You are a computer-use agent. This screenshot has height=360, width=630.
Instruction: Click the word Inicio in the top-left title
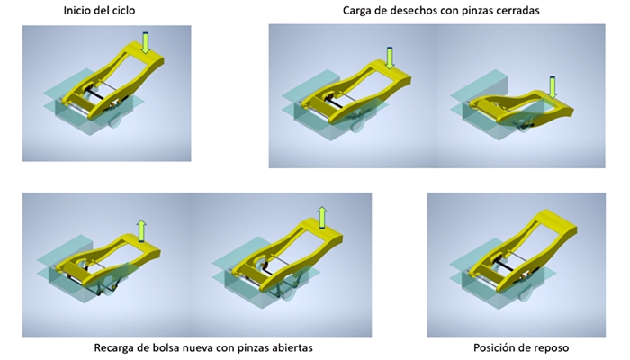(x=76, y=10)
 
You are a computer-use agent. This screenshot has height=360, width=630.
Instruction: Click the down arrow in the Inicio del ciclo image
(x=146, y=43)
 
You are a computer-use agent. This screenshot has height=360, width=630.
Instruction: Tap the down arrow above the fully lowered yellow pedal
(x=553, y=87)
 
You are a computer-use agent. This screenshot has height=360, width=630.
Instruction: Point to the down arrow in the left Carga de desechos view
(x=389, y=58)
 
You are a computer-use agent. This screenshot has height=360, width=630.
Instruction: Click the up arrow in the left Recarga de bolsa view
(x=141, y=231)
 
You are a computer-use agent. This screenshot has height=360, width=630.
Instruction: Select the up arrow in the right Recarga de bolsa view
(x=322, y=218)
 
